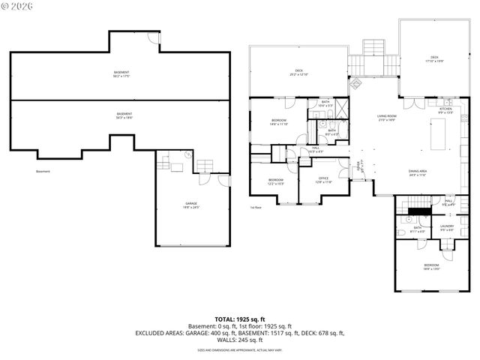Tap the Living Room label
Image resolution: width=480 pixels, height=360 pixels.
(387, 119)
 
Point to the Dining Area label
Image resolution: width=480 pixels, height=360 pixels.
(418, 173)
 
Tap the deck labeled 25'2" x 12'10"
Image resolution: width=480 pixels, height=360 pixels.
(298, 73)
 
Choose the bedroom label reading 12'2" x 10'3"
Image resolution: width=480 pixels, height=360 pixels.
(276, 181)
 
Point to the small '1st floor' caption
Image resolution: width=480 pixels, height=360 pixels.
(256, 208)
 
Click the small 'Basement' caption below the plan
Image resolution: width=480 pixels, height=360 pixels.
(43, 172)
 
